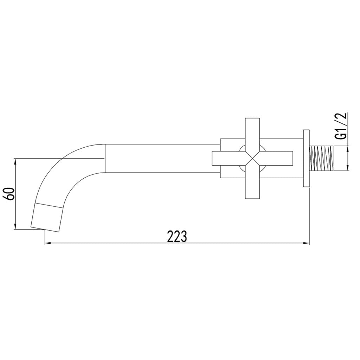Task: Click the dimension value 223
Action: click(176, 237)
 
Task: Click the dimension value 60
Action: click(10, 194)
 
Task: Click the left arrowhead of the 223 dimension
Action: click(47, 243)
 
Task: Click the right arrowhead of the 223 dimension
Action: click(307, 243)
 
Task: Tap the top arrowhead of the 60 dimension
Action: click(15, 161)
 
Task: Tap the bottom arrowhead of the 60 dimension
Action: click(15, 227)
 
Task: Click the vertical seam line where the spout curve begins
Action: click(105, 159)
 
